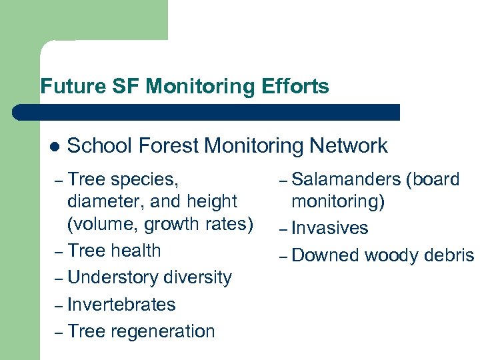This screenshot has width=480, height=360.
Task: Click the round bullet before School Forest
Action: pyautogui.click(x=55, y=147)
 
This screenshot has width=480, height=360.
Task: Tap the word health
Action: pyautogui.click(x=136, y=251)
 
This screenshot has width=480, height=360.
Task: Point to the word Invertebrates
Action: pyautogui.click(x=121, y=305)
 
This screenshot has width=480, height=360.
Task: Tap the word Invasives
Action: pyautogui.click(x=330, y=228)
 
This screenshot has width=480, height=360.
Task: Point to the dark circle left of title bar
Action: pyautogui.click(x=21, y=112)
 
